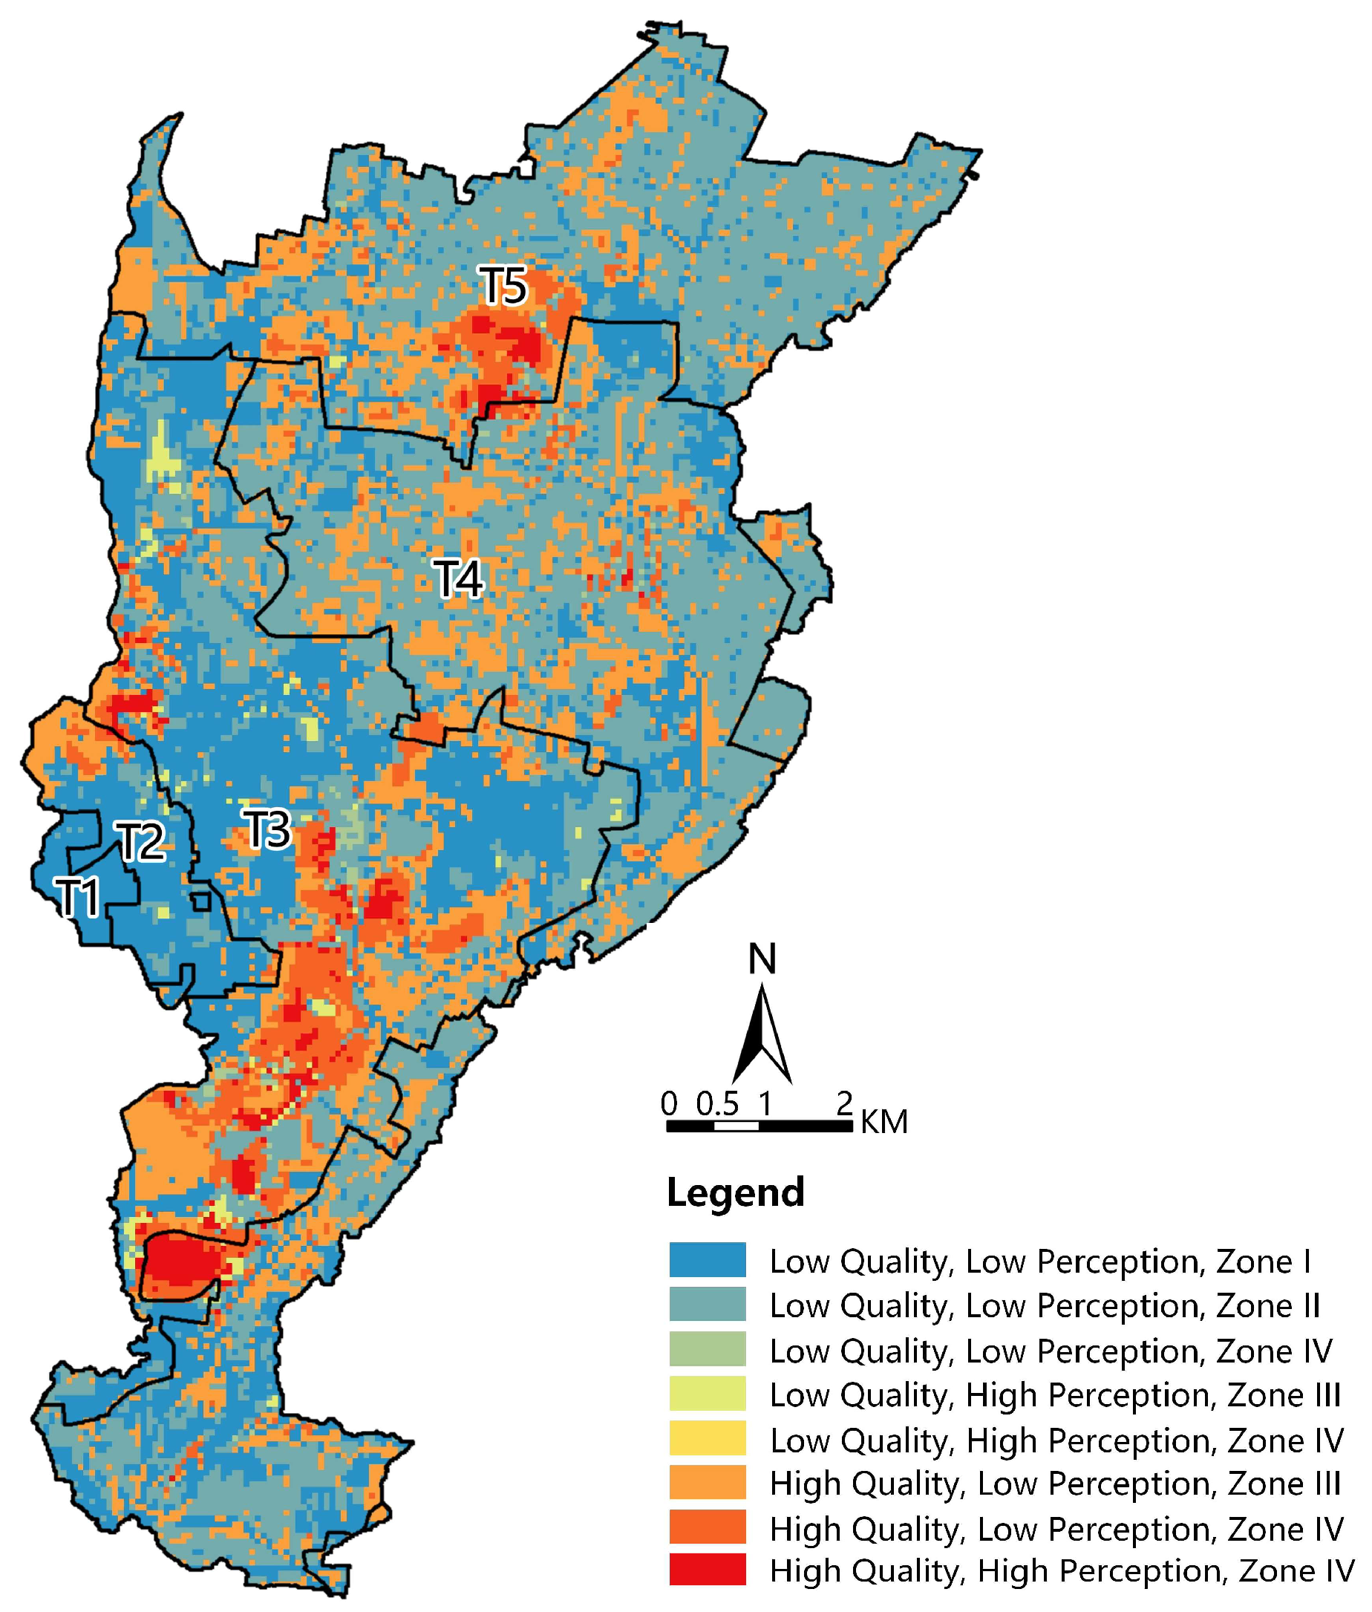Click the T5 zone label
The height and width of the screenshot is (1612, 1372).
tap(503, 286)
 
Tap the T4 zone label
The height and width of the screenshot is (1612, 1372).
tap(458, 579)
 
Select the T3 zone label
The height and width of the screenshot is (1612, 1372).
tap(267, 829)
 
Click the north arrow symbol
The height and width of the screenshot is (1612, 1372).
tap(762, 1035)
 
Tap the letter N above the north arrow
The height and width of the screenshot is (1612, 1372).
tap(762, 959)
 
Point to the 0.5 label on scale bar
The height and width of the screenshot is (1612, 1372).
tap(716, 1103)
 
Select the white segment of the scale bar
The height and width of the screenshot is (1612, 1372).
tap(736, 1126)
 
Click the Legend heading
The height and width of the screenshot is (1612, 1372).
tap(735, 1192)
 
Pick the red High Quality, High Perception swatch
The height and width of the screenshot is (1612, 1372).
tap(707, 1569)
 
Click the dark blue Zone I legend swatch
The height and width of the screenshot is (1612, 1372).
tap(707, 1259)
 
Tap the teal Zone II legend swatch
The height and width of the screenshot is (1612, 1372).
tap(707, 1304)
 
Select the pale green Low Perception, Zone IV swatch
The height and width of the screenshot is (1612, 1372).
tap(707, 1348)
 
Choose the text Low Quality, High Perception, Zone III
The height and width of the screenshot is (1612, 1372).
tap(1055, 1394)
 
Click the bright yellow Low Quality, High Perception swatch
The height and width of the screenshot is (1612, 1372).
tap(707, 1438)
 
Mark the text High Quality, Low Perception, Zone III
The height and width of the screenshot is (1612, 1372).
tap(1055, 1483)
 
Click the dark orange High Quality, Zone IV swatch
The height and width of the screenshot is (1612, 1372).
tap(707, 1526)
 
